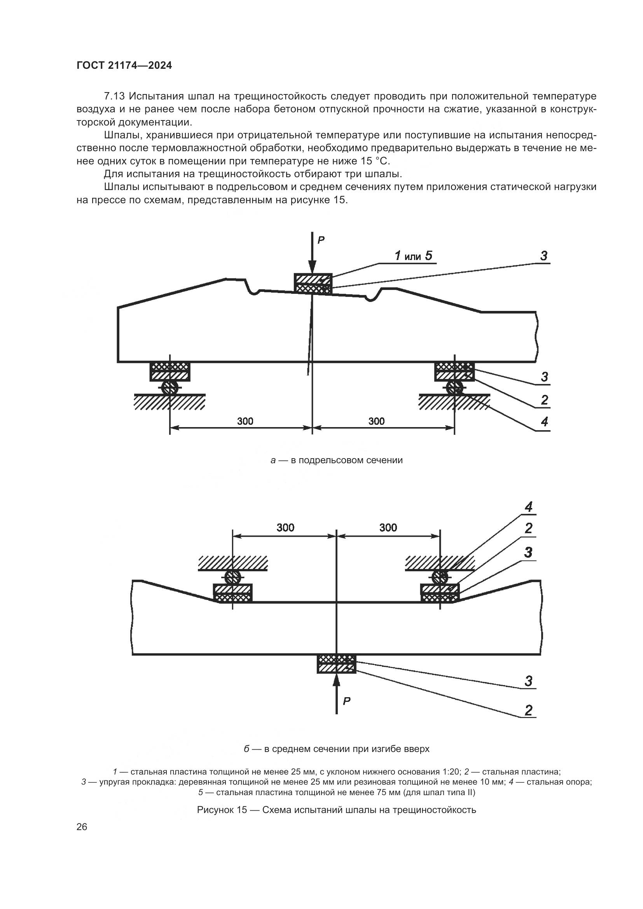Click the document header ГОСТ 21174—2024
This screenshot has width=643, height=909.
tap(124, 66)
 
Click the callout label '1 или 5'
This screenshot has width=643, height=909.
tap(413, 256)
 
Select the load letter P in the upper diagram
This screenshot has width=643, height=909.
tap(321, 240)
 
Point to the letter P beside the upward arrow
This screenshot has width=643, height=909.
tap(346, 701)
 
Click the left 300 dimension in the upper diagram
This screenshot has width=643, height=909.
tap(245, 421)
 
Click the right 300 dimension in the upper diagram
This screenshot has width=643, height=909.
tap(376, 421)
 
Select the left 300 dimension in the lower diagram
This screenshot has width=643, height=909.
tap(285, 527)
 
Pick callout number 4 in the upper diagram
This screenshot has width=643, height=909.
tap(544, 422)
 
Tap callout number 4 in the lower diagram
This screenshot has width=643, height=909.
tap(529, 507)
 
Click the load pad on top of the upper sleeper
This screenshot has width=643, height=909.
tap(313, 284)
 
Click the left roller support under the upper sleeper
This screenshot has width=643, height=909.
tap(170, 387)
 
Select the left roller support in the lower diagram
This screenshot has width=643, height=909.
tap(233, 576)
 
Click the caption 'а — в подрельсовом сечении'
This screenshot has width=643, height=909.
tap(337, 460)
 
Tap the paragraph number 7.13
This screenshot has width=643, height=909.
tap(114, 96)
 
